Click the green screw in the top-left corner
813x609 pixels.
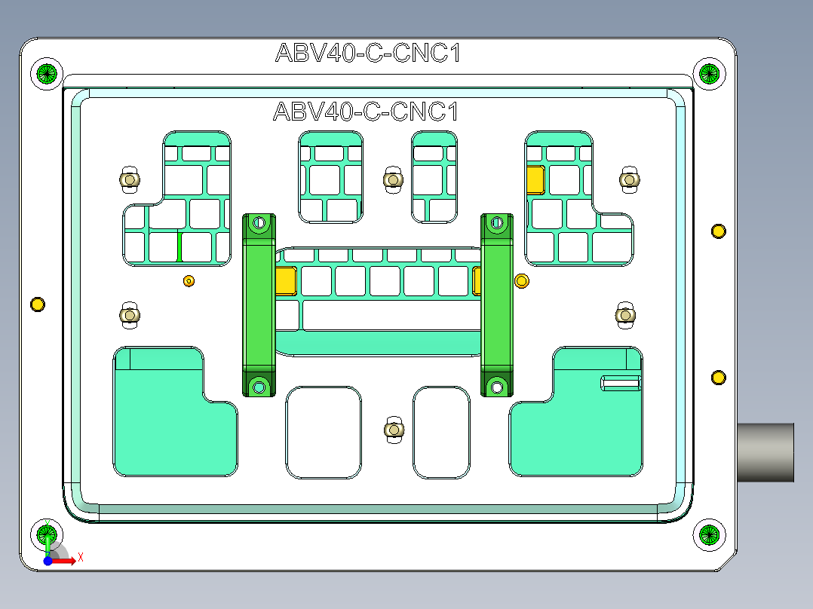pyautogui.click(x=47, y=74)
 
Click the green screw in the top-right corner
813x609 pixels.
pyautogui.click(x=709, y=73)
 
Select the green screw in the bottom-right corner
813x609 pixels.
pyautogui.click(x=709, y=534)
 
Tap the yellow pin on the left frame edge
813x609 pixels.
pyautogui.click(x=37, y=304)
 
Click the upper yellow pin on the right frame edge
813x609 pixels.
pyautogui.click(x=718, y=231)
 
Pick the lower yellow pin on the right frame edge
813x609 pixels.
pyautogui.click(x=718, y=377)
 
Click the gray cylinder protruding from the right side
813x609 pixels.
pyautogui.click(x=765, y=451)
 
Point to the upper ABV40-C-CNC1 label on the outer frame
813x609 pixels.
pyautogui.click(x=367, y=54)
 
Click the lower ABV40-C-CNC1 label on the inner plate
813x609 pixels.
pyautogui.click(x=366, y=112)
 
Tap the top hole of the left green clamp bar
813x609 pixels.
pyautogui.click(x=259, y=223)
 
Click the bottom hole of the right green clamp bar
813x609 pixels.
pyautogui.click(x=496, y=387)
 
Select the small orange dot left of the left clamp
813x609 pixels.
pyautogui.click(x=189, y=281)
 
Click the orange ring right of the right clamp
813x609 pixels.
pyautogui.click(x=521, y=281)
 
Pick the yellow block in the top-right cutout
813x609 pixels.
pyautogui.click(x=535, y=180)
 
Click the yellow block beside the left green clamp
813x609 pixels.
pyautogui.click(x=285, y=280)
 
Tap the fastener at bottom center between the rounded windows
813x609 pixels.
pyautogui.click(x=392, y=430)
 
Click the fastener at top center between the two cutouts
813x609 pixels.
pyautogui.click(x=392, y=180)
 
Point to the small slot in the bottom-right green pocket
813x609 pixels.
pyautogui.click(x=621, y=382)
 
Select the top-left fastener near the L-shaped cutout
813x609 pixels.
pyautogui.click(x=130, y=180)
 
